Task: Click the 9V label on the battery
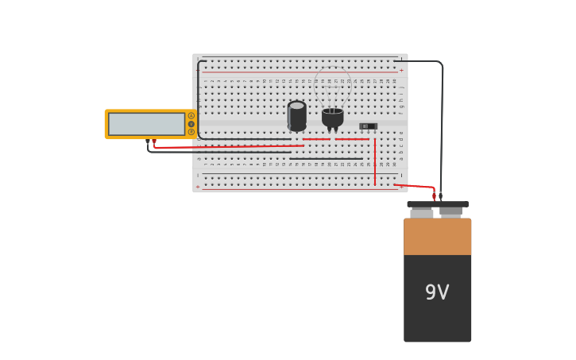[437, 292]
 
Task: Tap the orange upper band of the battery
[437, 236]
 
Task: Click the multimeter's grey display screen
[146, 124]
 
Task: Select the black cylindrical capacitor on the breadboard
[296, 116]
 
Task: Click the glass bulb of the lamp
[332, 87]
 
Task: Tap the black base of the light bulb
[332, 118]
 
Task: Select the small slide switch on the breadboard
[368, 126]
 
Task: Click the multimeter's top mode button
[191, 116]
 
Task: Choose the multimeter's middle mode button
[191, 124]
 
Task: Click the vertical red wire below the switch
[375, 163]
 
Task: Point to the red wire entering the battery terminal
[417, 187]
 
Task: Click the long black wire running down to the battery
[442, 127]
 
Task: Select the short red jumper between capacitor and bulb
[315, 139]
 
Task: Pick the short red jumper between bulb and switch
[351, 139]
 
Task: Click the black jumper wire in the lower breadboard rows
[326, 159]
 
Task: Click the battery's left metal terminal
[422, 212]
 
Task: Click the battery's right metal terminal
[450, 211]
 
